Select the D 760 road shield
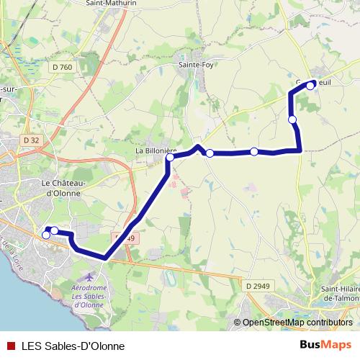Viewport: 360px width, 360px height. (x=63, y=68)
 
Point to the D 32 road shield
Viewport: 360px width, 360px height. (x=30, y=140)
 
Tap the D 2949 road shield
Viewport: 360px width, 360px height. (x=256, y=286)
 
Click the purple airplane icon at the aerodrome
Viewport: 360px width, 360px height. (x=88, y=277)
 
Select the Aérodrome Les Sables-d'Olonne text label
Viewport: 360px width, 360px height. (x=89, y=295)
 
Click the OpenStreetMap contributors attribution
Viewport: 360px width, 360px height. (x=297, y=323)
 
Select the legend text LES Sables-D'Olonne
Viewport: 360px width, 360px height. (x=68, y=346)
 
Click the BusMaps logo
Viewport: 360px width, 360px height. (x=325, y=345)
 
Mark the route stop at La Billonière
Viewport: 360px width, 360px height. (x=170, y=158)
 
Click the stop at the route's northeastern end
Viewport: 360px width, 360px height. (x=311, y=85)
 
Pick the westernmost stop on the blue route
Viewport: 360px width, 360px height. (x=46, y=235)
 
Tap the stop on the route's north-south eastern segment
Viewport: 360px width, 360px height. (x=292, y=120)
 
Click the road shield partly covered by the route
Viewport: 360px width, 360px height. (x=125, y=238)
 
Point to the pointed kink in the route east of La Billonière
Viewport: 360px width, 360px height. (x=198, y=147)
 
